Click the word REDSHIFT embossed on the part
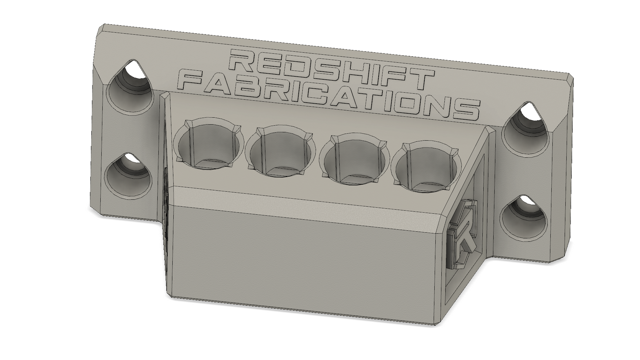331,69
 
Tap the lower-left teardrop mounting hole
128,175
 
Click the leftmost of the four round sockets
209,144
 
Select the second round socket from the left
281,151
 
